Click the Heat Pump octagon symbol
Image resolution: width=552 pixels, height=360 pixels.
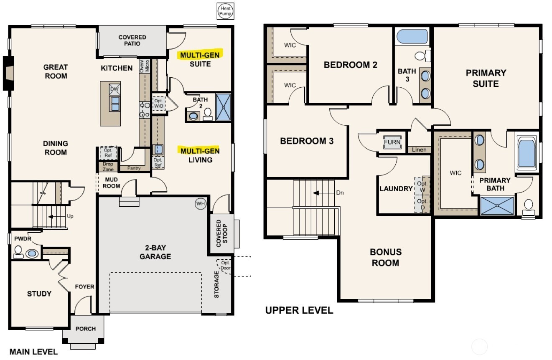point(225,11)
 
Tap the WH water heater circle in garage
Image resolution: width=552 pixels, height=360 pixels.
point(201,204)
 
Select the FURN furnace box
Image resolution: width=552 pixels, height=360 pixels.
point(392,142)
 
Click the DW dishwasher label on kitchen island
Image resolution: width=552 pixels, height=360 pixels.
point(114,89)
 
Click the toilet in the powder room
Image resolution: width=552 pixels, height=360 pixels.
point(18,252)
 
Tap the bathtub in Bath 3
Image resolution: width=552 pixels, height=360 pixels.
point(412,37)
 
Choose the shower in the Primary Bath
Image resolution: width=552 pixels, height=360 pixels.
point(497,206)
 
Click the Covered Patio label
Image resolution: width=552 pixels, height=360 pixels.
point(132,40)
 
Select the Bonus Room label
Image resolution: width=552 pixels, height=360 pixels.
point(385,257)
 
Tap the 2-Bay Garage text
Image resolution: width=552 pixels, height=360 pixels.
point(155,252)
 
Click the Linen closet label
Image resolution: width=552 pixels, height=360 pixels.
point(419,150)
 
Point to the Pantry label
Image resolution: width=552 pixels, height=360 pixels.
point(134,168)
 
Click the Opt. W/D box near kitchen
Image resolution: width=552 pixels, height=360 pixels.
point(159,104)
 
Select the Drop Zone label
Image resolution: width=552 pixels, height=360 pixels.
point(108,167)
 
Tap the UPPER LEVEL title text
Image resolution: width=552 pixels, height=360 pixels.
point(299,310)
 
